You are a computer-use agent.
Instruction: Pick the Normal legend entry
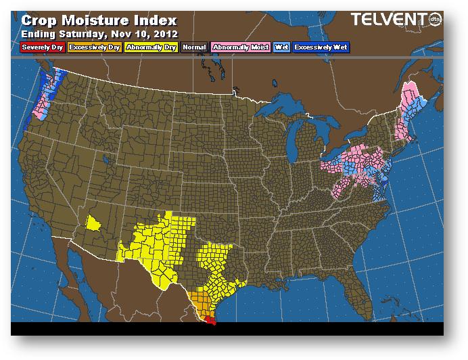(194, 47)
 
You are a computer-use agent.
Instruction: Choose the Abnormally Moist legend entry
(240, 47)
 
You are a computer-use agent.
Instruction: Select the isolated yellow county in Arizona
(94, 223)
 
